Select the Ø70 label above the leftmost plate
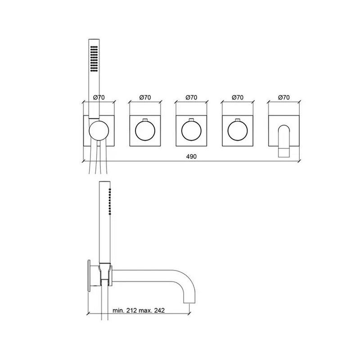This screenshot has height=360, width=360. (x=99, y=97)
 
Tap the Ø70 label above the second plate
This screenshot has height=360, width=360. (x=145, y=97)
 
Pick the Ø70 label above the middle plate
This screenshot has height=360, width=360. (x=192, y=97)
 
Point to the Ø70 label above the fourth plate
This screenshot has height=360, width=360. (x=238, y=97)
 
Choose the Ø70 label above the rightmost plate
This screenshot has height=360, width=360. (x=284, y=97)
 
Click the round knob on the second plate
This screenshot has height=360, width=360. (x=145, y=131)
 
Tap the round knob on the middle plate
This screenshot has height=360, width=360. (x=191, y=131)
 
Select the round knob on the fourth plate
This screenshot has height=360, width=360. (x=238, y=131)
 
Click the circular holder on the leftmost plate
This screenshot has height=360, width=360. (x=99, y=131)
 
